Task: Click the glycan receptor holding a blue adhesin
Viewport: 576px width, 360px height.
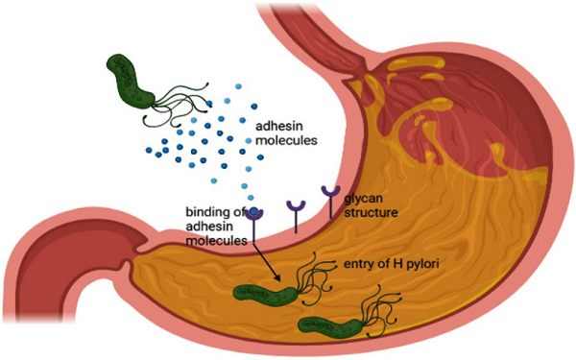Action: coord(255,222)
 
